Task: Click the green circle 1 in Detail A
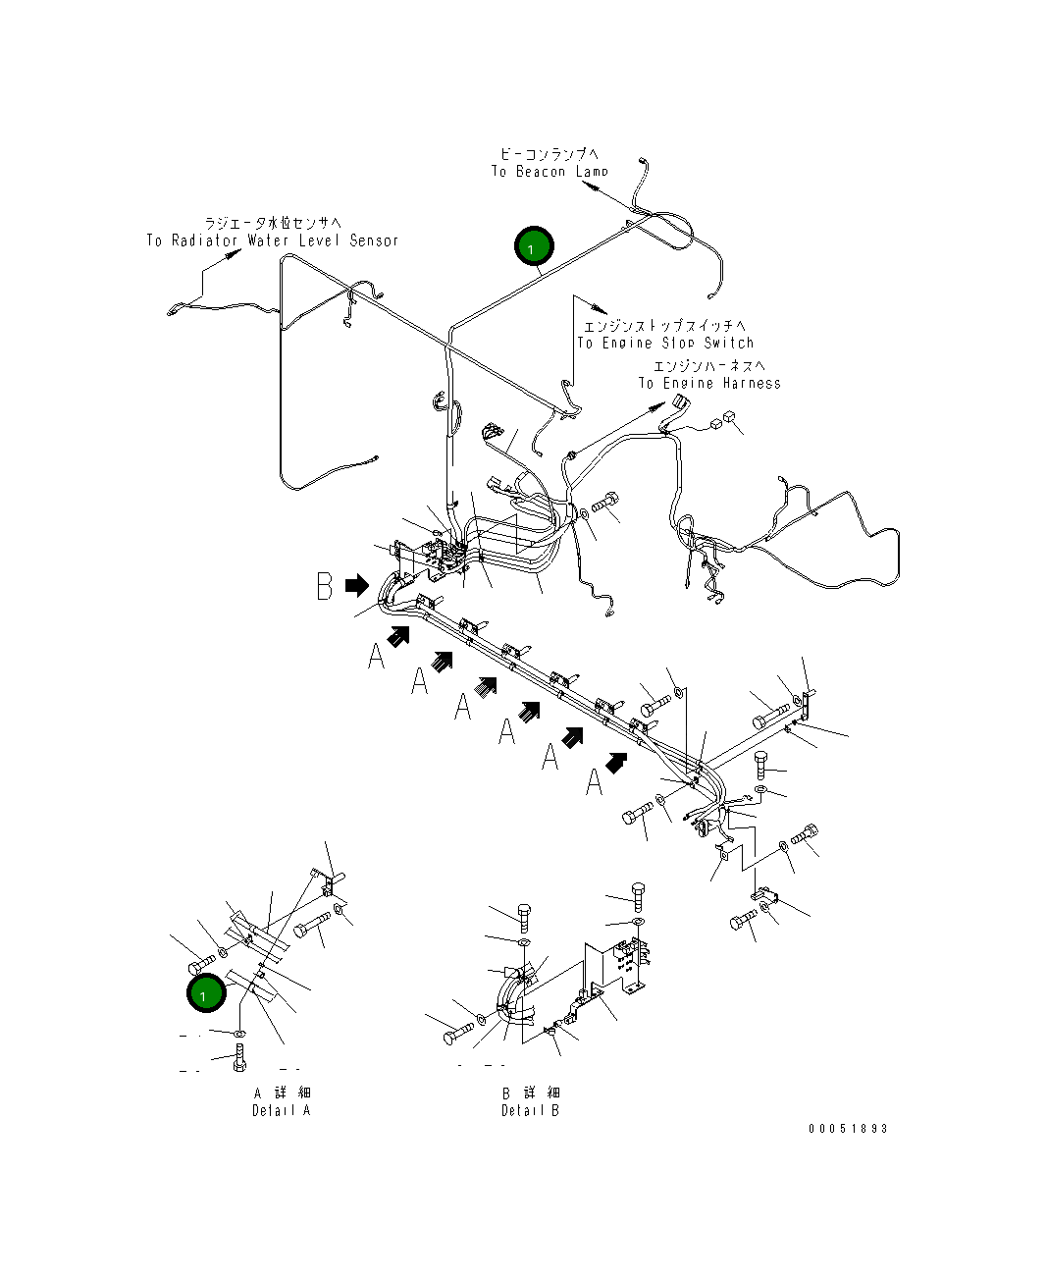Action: (206, 993)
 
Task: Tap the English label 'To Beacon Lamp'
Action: (550, 172)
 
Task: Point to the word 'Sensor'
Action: (374, 240)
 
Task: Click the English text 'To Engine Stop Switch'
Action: (665, 343)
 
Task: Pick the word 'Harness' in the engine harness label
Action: (752, 383)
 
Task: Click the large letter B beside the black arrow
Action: (325, 586)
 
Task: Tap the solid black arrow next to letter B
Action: (357, 586)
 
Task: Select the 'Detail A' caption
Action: (281, 1110)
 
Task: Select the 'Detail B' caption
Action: (530, 1110)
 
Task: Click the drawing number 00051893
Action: (848, 1128)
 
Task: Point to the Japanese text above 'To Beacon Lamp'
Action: (549, 154)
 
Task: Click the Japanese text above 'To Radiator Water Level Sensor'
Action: (272, 224)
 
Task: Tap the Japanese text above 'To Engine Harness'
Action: (708, 366)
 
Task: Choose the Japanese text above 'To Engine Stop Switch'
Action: (664, 326)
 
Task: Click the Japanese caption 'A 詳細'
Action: (283, 1093)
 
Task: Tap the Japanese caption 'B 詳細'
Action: (531, 1093)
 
